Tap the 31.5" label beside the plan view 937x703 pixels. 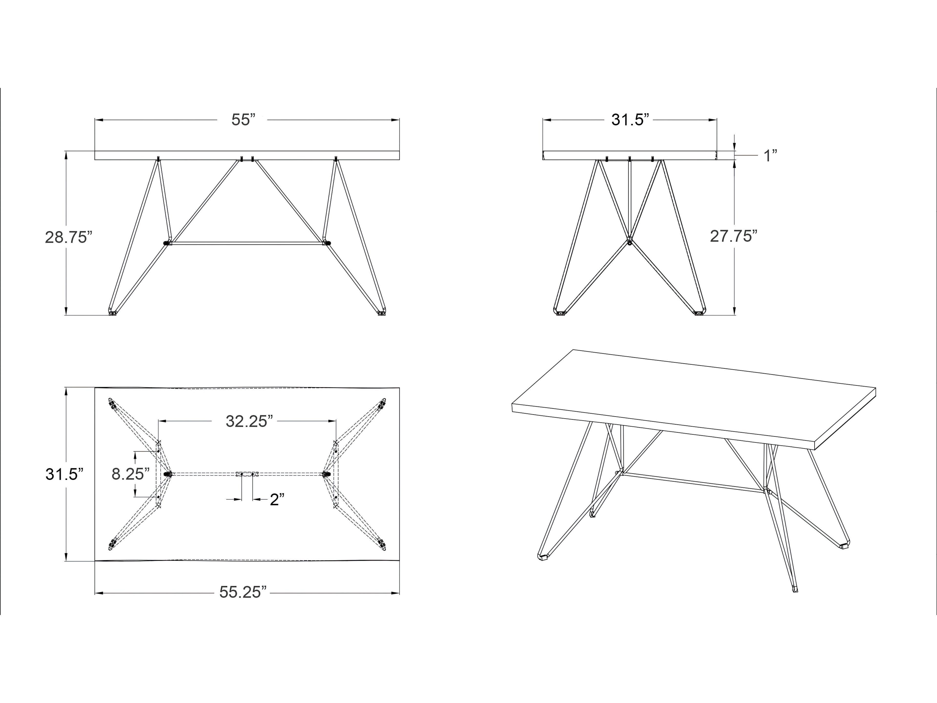[x=62, y=474]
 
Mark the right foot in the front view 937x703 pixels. [x=382, y=313]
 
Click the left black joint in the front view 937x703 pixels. [x=166, y=243]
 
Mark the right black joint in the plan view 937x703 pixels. [x=326, y=474]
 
